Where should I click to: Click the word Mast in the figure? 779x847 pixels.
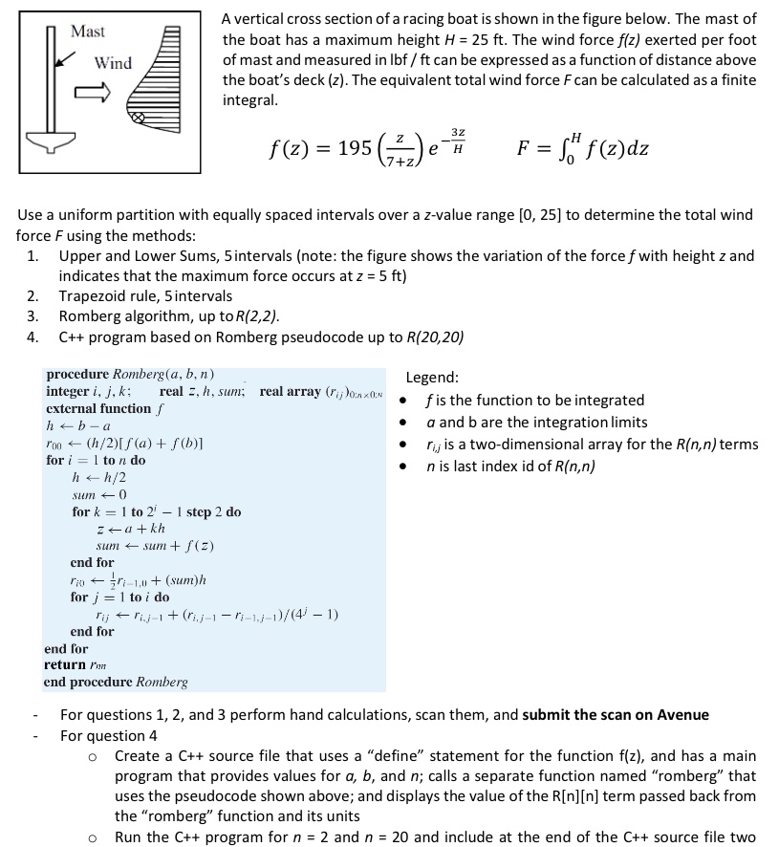pos(88,32)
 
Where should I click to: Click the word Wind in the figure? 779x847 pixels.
pos(113,63)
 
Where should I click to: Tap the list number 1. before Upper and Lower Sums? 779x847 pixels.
pos(33,255)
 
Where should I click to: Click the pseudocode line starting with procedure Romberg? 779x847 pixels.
pos(130,374)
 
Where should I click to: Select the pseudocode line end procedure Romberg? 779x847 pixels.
pos(116,682)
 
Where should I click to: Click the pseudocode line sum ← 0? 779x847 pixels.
pos(95,494)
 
